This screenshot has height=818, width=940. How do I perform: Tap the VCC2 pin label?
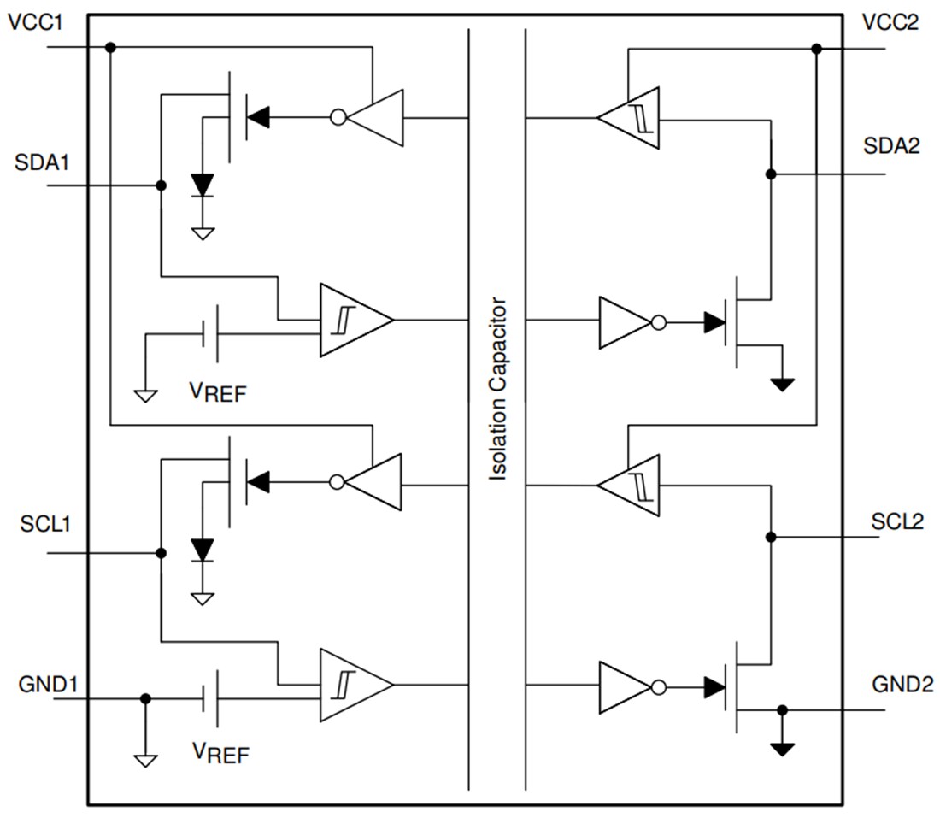tap(891, 22)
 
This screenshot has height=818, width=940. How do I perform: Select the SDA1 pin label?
tap(40, 162)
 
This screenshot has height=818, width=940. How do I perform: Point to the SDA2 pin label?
tap(891, 146)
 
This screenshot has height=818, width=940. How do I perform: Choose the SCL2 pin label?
tap(897, 521)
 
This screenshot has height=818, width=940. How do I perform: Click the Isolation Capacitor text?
tap(497, 389)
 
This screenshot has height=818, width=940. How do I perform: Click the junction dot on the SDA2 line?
tap(771, 174)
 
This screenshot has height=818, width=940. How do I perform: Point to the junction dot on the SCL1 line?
tap(161, 553)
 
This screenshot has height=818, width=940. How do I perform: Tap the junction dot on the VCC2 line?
tap(816, 49)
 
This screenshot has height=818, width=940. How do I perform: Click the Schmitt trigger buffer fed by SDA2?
tap(631, 117)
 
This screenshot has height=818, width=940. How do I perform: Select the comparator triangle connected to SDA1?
tap(353, 320)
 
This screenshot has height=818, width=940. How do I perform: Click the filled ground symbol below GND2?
tap(781, 750)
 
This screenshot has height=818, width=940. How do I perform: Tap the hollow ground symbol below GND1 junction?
tap(145, 758)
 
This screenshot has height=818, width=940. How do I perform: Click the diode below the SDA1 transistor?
tap(203, 185)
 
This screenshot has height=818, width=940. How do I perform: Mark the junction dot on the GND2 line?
tap(781, 709)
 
